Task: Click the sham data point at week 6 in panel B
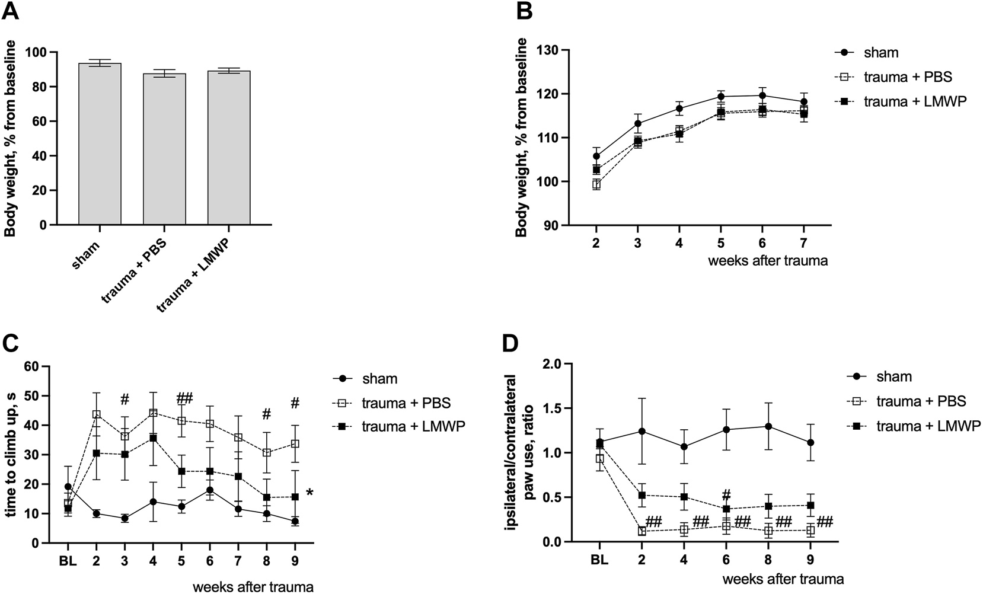(762, 95)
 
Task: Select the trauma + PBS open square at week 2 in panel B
(596, 184)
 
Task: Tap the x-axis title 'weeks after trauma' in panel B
(767, 261)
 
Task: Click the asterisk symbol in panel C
(309, 493)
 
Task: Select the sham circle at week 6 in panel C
(210, 490)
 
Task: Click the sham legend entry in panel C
(368, 379)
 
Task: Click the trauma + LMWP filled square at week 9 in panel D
(810, 506)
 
